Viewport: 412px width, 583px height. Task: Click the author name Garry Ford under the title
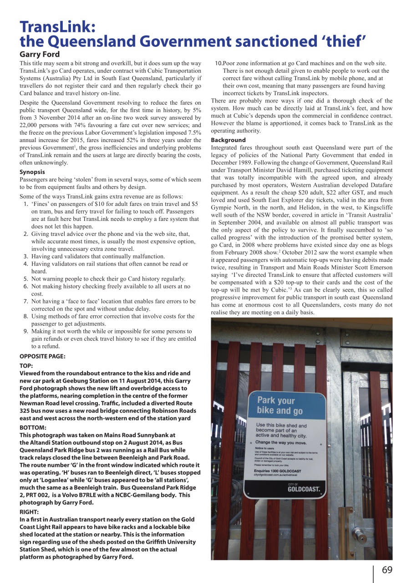(x=40, y=55)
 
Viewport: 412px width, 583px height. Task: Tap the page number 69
(x=387, y=570)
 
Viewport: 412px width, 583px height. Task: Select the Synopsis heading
(x=32, y=172)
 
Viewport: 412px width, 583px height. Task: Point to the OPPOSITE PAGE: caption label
(x=42, y=356)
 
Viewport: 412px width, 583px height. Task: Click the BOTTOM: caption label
(x=33, y=427)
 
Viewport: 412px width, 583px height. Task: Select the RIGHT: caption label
(x=30, y=511)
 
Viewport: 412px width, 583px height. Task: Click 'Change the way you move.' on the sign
(x=281, y=442)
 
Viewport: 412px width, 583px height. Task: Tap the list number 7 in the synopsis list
(x=26, y=302)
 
